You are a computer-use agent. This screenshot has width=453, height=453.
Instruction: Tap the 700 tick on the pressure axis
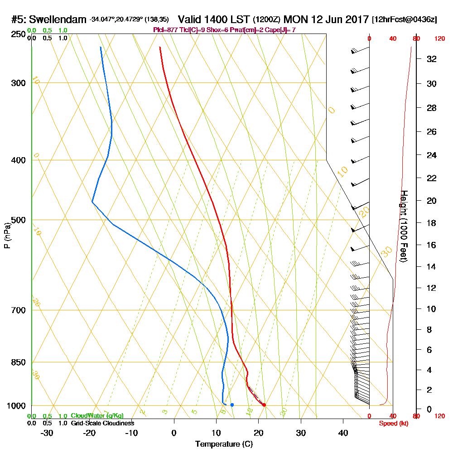pyautogui.click(x=19, y=310)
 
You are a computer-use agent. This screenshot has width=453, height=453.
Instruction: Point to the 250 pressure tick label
pyautogui.click(x=19, y=34)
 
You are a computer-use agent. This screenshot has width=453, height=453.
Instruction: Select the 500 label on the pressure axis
pyautogui.click(x=19, y=220)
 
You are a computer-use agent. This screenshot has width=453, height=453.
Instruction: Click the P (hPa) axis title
pyautogui.click(x=7, y=235)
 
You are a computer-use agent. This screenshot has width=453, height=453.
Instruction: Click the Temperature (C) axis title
pyautogui.click(x=224, y=444)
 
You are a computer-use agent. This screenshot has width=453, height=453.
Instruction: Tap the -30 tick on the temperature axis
pyautogui.click(x=47, y=433)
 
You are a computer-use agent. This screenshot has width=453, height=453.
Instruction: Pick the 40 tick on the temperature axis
pyautogui.click(x=343, y=433)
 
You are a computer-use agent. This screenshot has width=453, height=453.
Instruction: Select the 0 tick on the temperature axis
pyautogui.click(x=174, y=433)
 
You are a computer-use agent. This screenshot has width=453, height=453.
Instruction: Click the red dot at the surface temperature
pyautogui.click(x=264, y=405)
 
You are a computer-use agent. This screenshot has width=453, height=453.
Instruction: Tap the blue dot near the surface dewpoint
pyautogui.click(x=232, y=405)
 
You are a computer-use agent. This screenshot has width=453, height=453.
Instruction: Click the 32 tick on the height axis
pyautogui.click(x=432, y=59)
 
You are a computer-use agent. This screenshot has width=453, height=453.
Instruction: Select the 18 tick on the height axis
pyautogui.click(x=432, y=223)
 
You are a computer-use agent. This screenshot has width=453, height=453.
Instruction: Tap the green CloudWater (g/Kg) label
pyautogui.click(x=97, y=416)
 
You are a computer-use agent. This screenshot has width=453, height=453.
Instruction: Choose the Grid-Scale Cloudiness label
pyautogui.click(x=102, y=423)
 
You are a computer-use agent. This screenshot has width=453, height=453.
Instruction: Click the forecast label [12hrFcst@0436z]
pyautogui.click(x=404, y=20)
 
